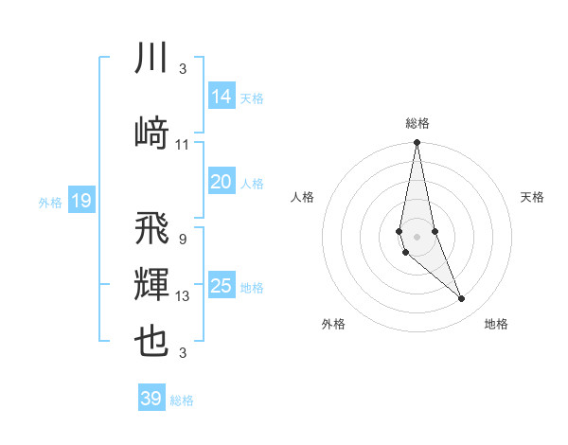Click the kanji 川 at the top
tap(151, 59)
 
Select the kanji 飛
tap(151, 228)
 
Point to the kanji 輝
tap(151, 286)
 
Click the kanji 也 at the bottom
tap(151, 342)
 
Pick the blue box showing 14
tap(221, 96)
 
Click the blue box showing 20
tap(221, 182)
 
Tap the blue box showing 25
tap(221, 285)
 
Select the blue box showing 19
tap(80, 200)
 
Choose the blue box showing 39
tap(151, 399)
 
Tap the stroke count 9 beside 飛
tap(182, 240)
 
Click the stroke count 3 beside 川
tap(182, 69)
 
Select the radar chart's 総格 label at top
tap(417, 123)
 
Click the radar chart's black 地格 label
tap(496, 324)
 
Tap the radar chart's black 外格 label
tap(333, 324)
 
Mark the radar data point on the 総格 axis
tap(417, 143)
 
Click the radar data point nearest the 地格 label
tap(461, 299)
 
